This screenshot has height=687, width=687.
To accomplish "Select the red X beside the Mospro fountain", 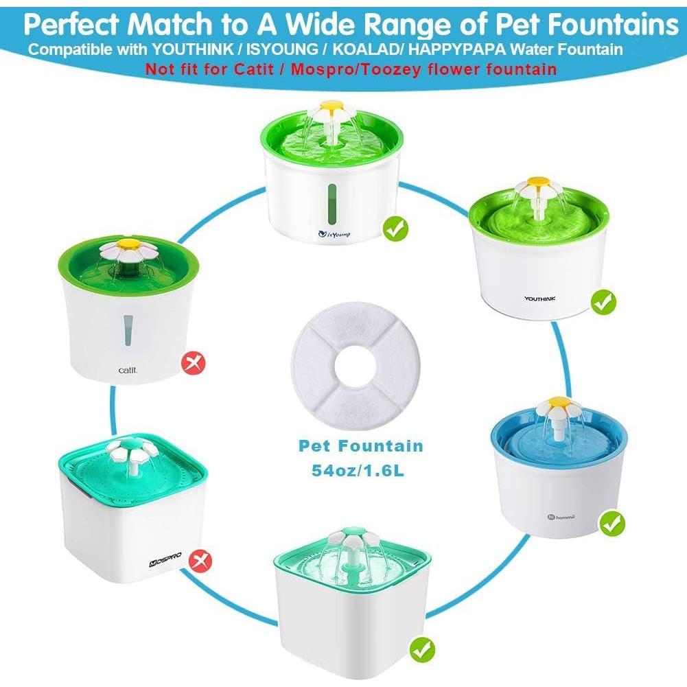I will tap(200, 561).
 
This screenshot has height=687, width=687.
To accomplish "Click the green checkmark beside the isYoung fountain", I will tap(394, 227).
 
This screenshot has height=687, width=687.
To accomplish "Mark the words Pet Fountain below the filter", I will tap(360, 446).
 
